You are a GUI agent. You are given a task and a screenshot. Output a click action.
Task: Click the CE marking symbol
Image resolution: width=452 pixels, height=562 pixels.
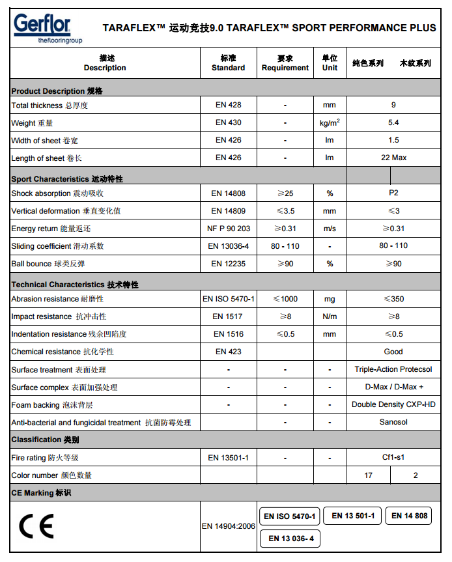pyautogui.click(x=36, y=526)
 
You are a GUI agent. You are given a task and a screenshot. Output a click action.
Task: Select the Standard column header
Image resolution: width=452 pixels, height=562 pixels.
pyautogui.click(x=228, y=63)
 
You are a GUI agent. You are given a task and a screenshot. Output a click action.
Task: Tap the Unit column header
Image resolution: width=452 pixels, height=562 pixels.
pyautogui.click(x=330, y=63)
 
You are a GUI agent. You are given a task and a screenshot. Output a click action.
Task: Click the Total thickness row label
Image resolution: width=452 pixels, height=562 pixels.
pyautogui.click(x=49, y=105)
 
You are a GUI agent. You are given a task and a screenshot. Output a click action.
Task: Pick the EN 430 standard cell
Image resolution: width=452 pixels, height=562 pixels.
pyautogui.click(x=228, y=122)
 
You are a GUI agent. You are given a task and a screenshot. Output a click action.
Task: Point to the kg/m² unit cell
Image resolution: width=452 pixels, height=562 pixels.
pyautogui.click(x=330, y=122)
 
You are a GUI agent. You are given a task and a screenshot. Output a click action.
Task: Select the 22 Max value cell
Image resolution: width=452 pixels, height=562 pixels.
pyautogui.click(x=393, y=158)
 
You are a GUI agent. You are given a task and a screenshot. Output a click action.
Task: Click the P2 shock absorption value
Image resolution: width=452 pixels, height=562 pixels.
pyautogui.click(x=393, y=193)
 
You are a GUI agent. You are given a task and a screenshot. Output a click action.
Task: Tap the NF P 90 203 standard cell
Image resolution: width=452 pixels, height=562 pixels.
pyautogui.click(x=228, y=229)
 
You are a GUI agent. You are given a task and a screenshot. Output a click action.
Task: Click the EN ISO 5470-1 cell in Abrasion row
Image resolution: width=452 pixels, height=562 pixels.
pyautogui.click(x=228, y=299)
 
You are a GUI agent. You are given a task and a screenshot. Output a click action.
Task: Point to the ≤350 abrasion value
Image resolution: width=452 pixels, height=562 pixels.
pyautogui.click(x=393, y=299)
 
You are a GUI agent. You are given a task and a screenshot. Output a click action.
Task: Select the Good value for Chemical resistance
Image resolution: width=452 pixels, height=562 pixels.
pyautogui.click(x=393, y=352)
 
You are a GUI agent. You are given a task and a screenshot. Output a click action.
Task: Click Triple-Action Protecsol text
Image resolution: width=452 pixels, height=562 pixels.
pyautogui.click(x=393, y=369)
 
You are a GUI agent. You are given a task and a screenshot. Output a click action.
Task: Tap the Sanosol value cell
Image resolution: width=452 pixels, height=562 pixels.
pyautogui.click(x=393, y=422)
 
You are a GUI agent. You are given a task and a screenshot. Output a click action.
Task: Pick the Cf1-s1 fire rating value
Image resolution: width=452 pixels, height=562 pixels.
pyautogui.click(x=393, y=458)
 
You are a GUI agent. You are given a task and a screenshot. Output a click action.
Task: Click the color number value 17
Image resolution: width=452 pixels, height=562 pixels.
pyautogui.click(x=369, y=475)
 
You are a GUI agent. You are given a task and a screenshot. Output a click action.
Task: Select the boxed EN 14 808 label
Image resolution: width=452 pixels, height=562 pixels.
pyautogui.click(x=410, y=516)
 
